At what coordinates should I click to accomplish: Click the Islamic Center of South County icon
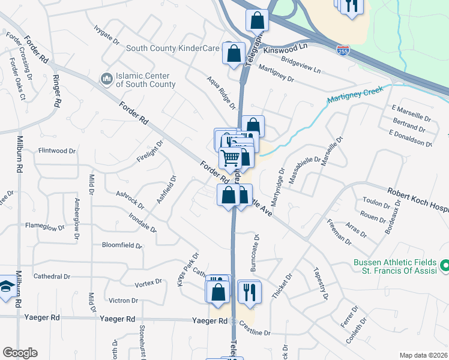(x=107, y=79)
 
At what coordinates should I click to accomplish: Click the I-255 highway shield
(x=343, y=51)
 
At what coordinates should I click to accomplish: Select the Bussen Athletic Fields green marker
(x=444, y=265)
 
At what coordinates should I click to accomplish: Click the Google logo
(x=20, y=353)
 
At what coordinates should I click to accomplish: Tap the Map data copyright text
(x=423, y=355)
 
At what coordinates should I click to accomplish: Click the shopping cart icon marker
(x=230, y=158)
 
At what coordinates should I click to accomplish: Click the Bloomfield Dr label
(x=122, y=245)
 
